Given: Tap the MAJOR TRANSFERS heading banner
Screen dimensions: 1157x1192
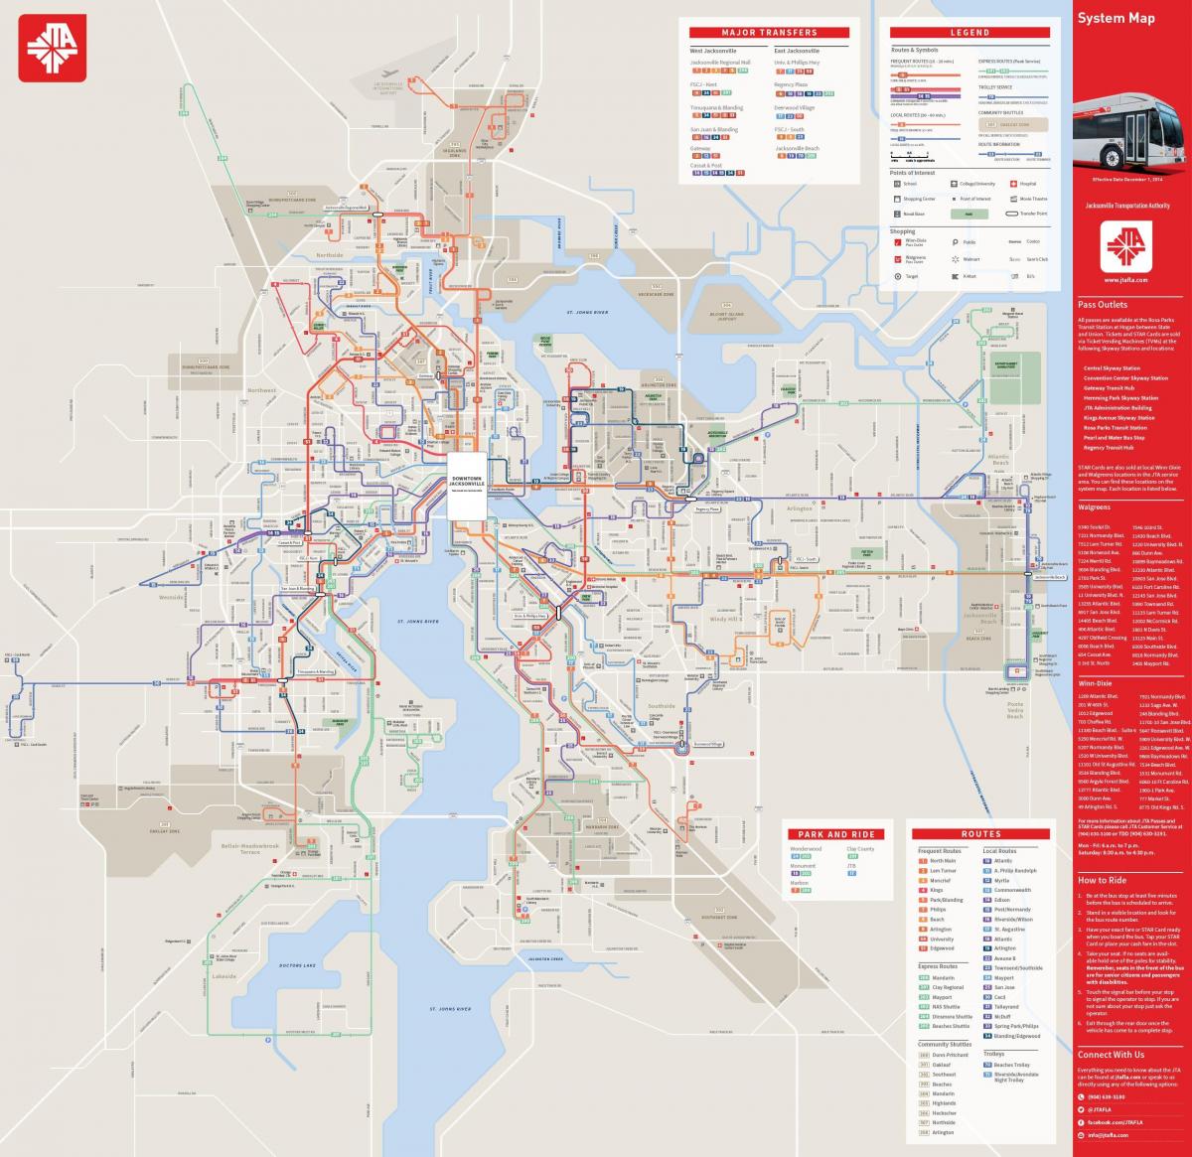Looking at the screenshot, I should (x=770, y=33).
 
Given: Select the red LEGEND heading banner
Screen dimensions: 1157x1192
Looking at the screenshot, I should (x=968, y=33).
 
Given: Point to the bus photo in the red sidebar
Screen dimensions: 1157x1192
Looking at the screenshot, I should (x=1133, y=133).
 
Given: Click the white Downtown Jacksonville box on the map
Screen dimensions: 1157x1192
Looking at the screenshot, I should (x=466, y=486).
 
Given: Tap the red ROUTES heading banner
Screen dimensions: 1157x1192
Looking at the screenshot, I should (x=981, y=834).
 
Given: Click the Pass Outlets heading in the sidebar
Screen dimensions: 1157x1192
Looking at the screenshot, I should (x=1103, y=305).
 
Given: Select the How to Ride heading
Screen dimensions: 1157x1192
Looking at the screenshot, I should (x=1102, y=880).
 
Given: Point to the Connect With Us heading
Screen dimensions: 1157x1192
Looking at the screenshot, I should (x=1111, y=1055).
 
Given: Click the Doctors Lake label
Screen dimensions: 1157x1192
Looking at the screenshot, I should (x=296, y=965).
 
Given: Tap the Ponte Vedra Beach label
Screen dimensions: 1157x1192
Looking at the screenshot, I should (x=1014, y=710).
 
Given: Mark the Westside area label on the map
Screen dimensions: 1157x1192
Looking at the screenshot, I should (x=172, y=598).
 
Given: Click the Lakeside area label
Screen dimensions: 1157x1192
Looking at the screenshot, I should (x=224, y=976).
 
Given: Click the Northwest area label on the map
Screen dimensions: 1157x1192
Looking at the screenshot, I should (x=262, y=390).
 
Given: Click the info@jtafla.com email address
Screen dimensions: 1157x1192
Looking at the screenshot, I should (x=1114, y=1134).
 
